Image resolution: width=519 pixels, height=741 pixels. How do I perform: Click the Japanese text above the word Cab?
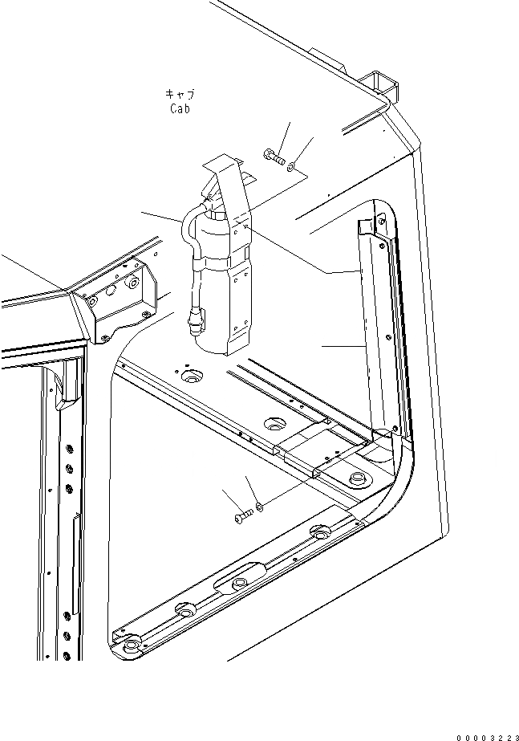click(x=180, y=94)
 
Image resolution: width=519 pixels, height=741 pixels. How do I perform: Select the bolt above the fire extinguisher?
click(x=274, y=157)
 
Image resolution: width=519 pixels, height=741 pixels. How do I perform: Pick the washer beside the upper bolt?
click(x=293, y=166)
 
